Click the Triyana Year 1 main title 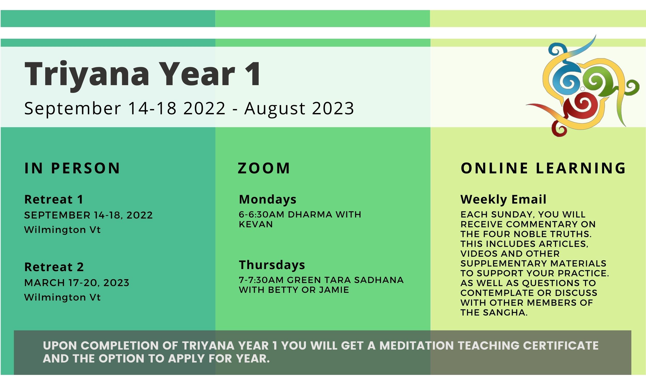[143, 74]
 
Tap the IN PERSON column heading [72, 168]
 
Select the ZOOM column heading [264, 168]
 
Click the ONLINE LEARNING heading [543, 168]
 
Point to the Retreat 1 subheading [54, 199]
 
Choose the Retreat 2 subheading [54, 267]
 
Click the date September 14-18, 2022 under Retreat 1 [89, 215]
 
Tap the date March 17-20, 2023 [77, 283]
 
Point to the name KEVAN [256, 224]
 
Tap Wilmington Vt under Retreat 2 [63, 297]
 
